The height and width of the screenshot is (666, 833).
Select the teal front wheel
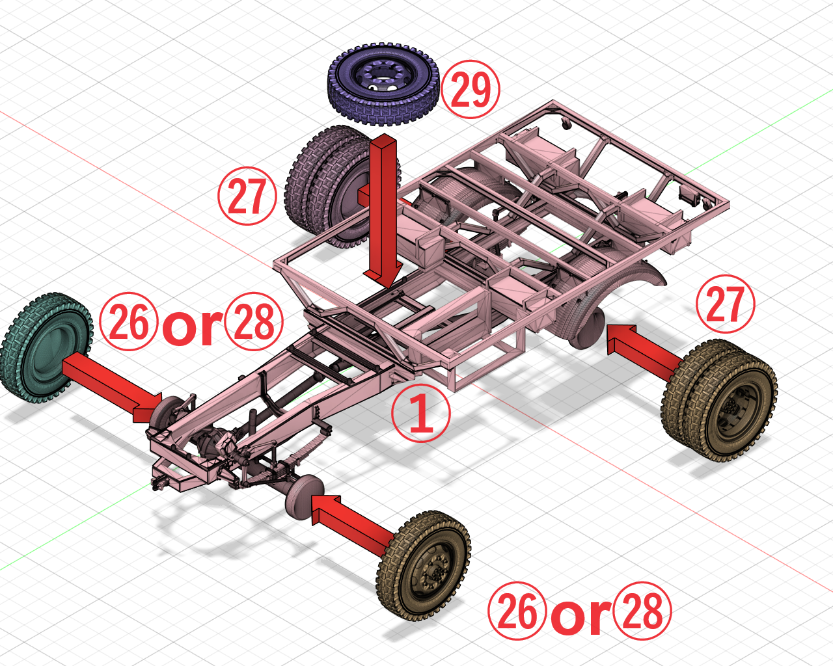46,348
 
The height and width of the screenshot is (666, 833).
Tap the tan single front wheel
424,565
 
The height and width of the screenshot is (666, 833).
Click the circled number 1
420,414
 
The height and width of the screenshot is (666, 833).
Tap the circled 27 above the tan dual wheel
725,304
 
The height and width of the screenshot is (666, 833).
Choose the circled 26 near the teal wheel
129,322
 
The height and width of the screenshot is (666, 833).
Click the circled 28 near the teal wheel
254,322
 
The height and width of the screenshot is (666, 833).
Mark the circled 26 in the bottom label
517,611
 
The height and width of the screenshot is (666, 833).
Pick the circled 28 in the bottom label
642,611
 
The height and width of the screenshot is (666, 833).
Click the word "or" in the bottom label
580,615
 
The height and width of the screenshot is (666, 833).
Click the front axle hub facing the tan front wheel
303,496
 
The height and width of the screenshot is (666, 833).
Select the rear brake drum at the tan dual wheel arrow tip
590,328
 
